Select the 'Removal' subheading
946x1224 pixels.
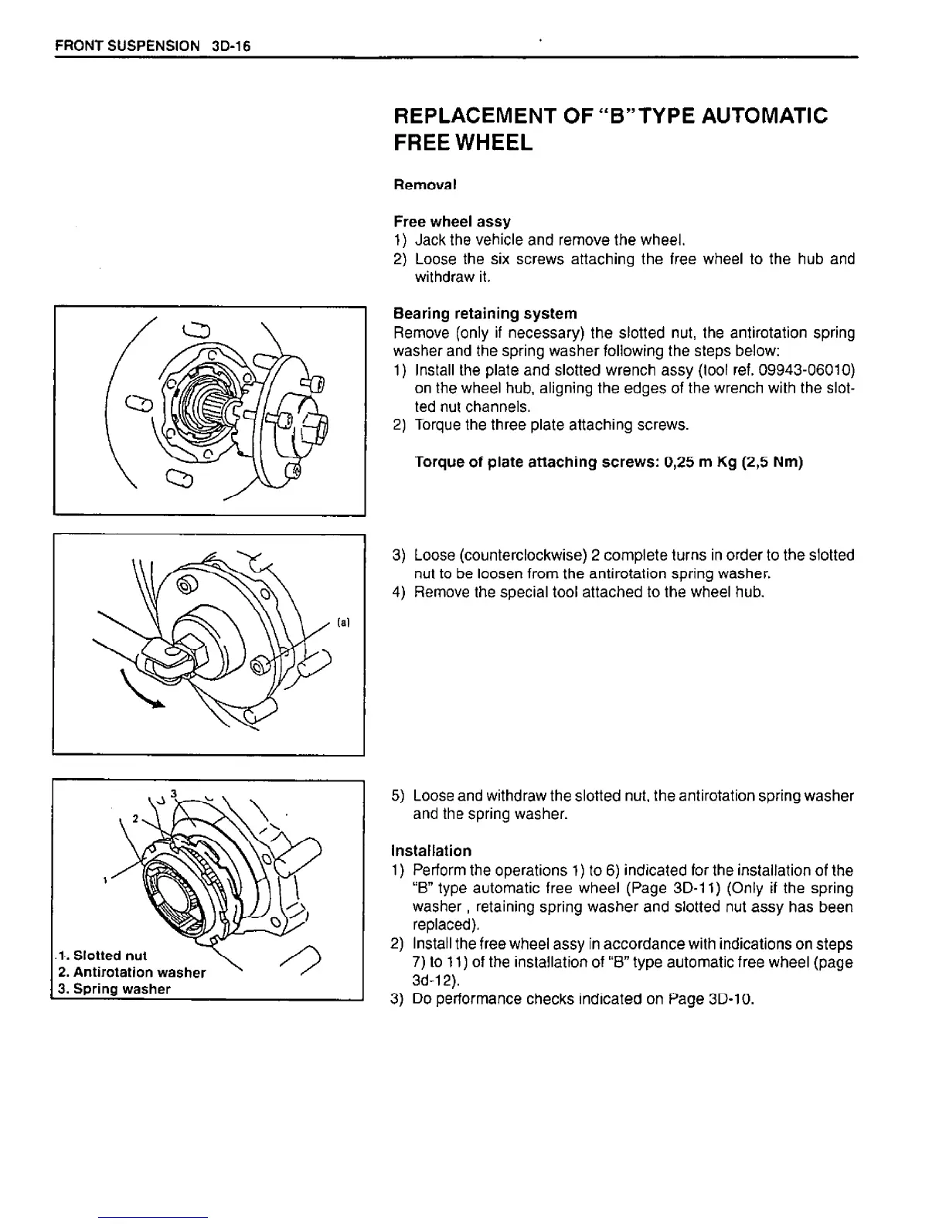(x=425, y=185)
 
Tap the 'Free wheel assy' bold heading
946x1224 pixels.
(x=451, y=222)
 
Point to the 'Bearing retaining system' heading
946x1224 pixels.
(x=485, y=314)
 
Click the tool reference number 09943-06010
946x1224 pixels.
(x=801, y=369)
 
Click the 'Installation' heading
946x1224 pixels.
(x=431, y=851)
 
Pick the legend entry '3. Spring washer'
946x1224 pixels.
(x=114, y=989)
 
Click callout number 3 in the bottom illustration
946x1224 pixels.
(x=175, y=794)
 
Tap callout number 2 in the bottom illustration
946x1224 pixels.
(x=134, y=818)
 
